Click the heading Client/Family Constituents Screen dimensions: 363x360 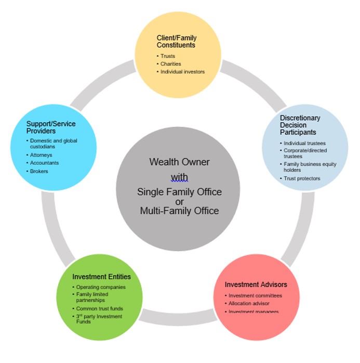tap(177, 42)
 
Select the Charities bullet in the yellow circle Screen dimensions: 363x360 tap(170, 64)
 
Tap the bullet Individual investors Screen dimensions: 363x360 tap(182, 72)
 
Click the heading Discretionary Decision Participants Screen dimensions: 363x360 tap(300, 125)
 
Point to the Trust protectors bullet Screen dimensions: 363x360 tap(302, 178)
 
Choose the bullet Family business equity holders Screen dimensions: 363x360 tap(310, 167)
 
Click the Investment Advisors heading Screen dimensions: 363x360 tap(256, 284)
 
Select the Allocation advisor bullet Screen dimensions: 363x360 tap(249, 303)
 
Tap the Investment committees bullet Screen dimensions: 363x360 tap(255, 295)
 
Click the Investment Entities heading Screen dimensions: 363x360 tap(101, 276)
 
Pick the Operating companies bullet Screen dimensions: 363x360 tap(101, 287)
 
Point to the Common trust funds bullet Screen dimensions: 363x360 tap(100, 308)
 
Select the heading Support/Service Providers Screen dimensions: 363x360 tap(50, 127)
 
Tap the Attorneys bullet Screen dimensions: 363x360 tap(41, 155)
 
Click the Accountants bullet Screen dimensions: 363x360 tap(44, 163)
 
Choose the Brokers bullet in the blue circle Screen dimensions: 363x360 tap(39, 171)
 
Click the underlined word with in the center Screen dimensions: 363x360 tap(179, 177)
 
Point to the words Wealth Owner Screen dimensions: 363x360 tap(179, 162)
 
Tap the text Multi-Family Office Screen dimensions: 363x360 tap(179, 211)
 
